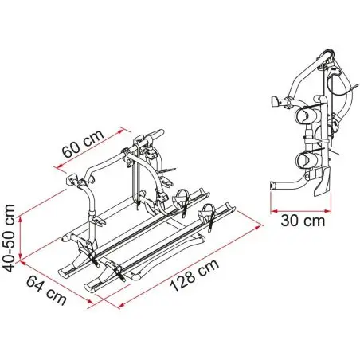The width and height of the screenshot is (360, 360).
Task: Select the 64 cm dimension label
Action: point(46,290)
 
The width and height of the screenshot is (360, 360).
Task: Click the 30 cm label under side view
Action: point(303,221)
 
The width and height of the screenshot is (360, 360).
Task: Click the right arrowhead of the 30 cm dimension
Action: point(328,212)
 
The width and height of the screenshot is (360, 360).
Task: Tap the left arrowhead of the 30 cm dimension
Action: point(274,212)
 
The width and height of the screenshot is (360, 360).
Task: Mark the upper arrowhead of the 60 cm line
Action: point(121,130)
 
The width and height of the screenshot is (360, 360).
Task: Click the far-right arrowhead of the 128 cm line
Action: point(258,227)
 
